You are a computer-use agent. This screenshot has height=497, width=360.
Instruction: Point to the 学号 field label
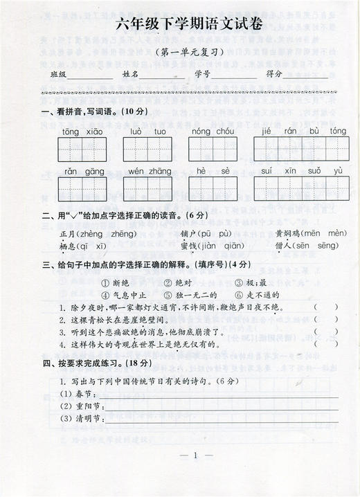202,75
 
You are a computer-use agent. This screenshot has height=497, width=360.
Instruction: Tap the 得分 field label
274,75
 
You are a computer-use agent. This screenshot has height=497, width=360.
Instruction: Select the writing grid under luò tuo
147,149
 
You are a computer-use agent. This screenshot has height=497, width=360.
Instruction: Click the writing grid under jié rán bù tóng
299,149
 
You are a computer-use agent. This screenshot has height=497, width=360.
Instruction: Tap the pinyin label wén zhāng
150,171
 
